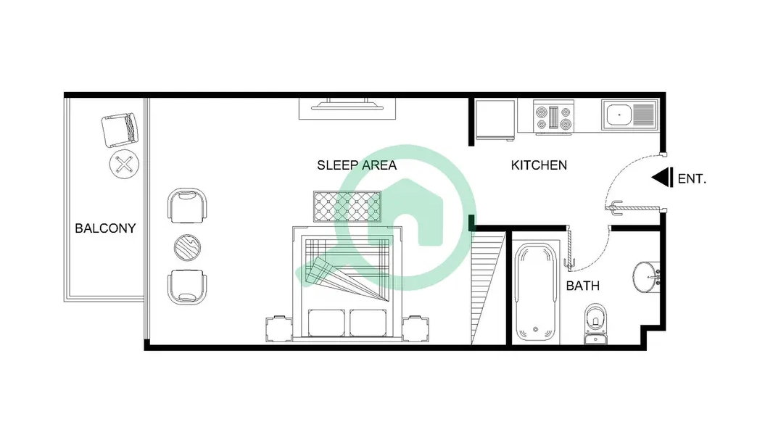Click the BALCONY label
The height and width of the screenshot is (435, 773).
(x=105, y=228)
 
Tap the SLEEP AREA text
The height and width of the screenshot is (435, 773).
(x=357, y=165)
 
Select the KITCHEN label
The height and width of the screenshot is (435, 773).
(x=539, y=165)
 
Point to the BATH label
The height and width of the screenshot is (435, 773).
(x=583, y=286)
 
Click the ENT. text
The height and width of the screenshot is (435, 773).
(x=692, y=179)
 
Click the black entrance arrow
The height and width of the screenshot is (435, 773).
(x=663, y=178)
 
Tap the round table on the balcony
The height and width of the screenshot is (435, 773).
(x=124, y=164)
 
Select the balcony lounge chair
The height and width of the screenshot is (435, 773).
(x=120, y=130)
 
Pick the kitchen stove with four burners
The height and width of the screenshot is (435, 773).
(x=554, y=117)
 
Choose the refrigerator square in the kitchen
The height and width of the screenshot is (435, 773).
(x=495, y=120)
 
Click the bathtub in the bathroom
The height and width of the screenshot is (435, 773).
(x=536, y=292)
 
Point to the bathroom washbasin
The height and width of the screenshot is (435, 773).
(x=646, y=277)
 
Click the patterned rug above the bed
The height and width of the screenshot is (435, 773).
(x=347, y=207)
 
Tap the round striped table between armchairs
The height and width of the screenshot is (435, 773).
(x=187, y=247)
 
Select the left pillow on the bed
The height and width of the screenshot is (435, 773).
(x=326, y=323)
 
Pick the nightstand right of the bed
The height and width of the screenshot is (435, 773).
(x=415, y=328)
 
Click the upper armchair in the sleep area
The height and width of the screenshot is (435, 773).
(x=187, y=205)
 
